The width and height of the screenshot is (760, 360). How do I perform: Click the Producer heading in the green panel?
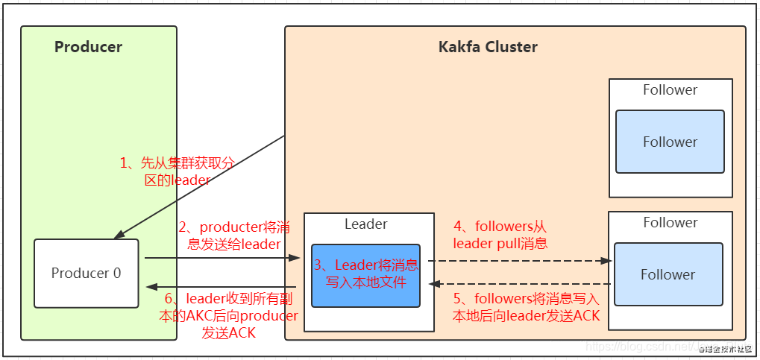coord(88,47)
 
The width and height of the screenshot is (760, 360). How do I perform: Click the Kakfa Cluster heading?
coord(488,47)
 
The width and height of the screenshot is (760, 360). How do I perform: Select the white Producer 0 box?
coord(86,273)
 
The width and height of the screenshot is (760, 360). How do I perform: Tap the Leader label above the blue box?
coord(365,224)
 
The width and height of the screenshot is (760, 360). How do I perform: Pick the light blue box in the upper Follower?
coord(670,142)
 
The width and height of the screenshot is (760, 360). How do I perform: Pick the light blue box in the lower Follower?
coord(668,274)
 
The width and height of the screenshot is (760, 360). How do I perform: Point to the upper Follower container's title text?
coord(670,90)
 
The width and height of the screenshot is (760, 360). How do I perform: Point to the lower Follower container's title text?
coord(670,222)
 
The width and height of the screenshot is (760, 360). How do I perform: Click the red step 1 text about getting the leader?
coord(178,171)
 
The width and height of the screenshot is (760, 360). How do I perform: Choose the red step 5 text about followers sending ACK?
coord(527,307)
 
